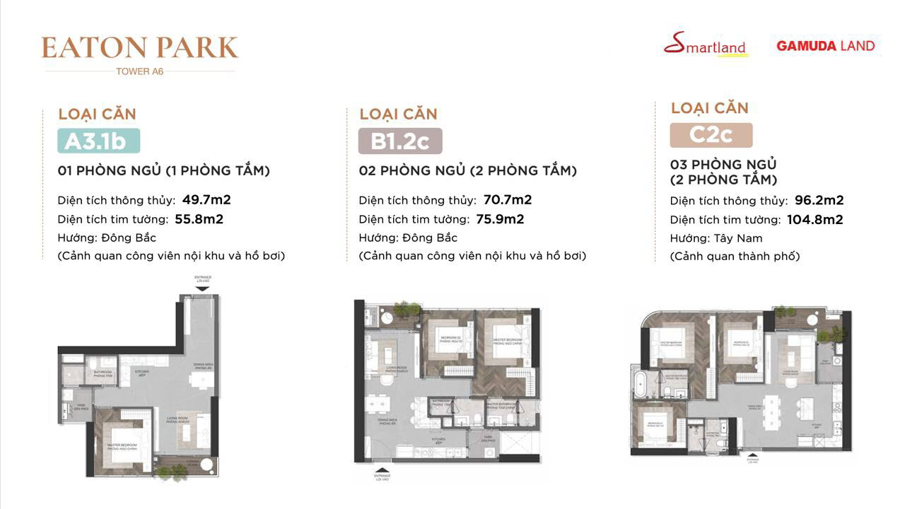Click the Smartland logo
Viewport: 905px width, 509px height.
pos(705,45)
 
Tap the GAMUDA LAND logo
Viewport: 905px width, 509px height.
pos(825,46)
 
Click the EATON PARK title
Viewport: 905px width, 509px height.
pos(140,47)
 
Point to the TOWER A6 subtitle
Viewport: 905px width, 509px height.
pos(140,71)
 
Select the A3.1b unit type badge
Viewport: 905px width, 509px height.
pos(98,141)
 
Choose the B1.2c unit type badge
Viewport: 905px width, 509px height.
pos(399,141)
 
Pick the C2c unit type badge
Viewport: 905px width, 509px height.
pos(711,135)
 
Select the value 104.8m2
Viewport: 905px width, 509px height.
pos(814,220)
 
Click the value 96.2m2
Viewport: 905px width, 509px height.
pos(815,201)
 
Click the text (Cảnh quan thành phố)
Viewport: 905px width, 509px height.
pos(735,257)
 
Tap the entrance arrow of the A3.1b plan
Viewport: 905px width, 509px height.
pos(202,288)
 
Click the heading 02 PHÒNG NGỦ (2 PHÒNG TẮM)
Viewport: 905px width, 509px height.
pos(467,171)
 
